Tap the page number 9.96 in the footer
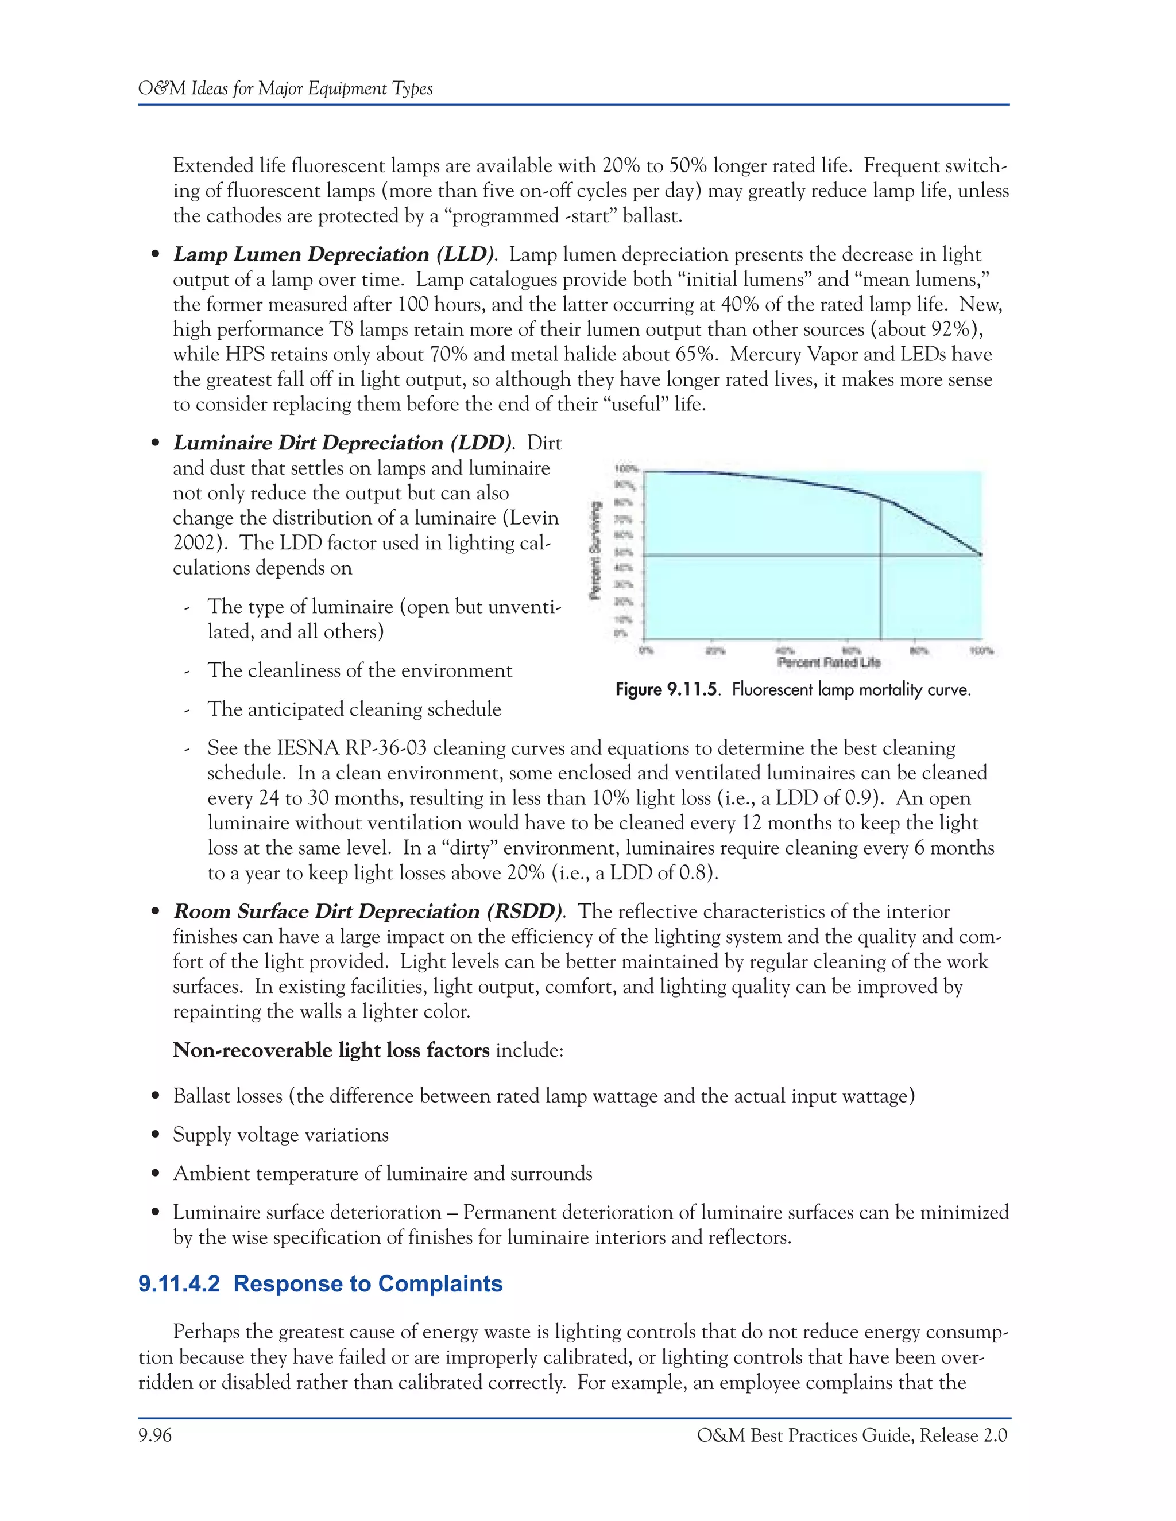(154, 1435)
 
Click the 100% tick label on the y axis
(628, 469)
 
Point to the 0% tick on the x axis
(644, 650)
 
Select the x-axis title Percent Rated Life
(829, 662)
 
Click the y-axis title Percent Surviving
(595, 550)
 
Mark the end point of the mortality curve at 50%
(981, 554)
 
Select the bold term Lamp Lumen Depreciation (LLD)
(334, 254)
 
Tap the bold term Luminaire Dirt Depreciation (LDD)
(342, 443)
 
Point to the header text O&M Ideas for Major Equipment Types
(285, 88)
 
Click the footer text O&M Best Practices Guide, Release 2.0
(852, 1435)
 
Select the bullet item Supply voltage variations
(281, 1135)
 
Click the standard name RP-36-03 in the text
(384, 748)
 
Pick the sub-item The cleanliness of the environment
(359, 670)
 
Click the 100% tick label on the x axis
(981, 650)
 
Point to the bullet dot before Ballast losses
(156, 1096)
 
